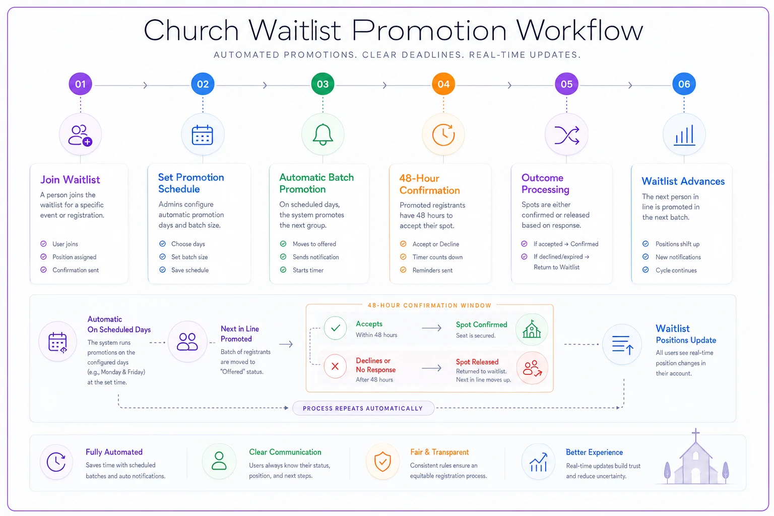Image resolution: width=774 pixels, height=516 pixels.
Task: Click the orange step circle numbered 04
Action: click(443, 84)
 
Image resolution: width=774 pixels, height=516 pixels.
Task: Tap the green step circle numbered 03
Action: click(322, 84)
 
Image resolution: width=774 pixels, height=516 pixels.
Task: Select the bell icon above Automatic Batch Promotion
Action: click(322, 135)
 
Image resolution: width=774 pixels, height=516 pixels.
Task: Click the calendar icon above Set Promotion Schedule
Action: click(203, 135)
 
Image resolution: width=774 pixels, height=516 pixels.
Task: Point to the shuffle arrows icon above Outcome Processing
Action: click(567, 135)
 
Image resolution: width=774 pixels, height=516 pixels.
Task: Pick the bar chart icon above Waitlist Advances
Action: click(684, 135)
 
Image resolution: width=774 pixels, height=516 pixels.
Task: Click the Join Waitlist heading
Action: click(70, 180)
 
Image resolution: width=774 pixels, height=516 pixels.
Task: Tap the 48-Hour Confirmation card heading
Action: click(429, 184)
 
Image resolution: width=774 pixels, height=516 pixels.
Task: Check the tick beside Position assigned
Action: click(43, 257)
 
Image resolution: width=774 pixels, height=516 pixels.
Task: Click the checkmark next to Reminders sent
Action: click(403, 270)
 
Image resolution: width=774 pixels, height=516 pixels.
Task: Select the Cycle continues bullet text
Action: click(676, 270)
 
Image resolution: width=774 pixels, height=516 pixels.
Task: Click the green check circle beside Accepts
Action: click(335, 328)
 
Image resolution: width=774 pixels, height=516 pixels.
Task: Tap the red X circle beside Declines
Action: click(335, 366)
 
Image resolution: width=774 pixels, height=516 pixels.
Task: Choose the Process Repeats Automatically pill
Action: click(363, 408)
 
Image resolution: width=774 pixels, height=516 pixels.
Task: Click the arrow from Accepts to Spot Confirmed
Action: click(431, 328)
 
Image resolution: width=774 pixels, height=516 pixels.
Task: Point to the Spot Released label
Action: click(477, 362)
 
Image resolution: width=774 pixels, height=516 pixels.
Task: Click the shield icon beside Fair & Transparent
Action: click(382, 462)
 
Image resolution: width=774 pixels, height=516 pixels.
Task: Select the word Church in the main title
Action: click(191, 30)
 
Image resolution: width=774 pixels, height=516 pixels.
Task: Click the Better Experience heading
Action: click(594, 453)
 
